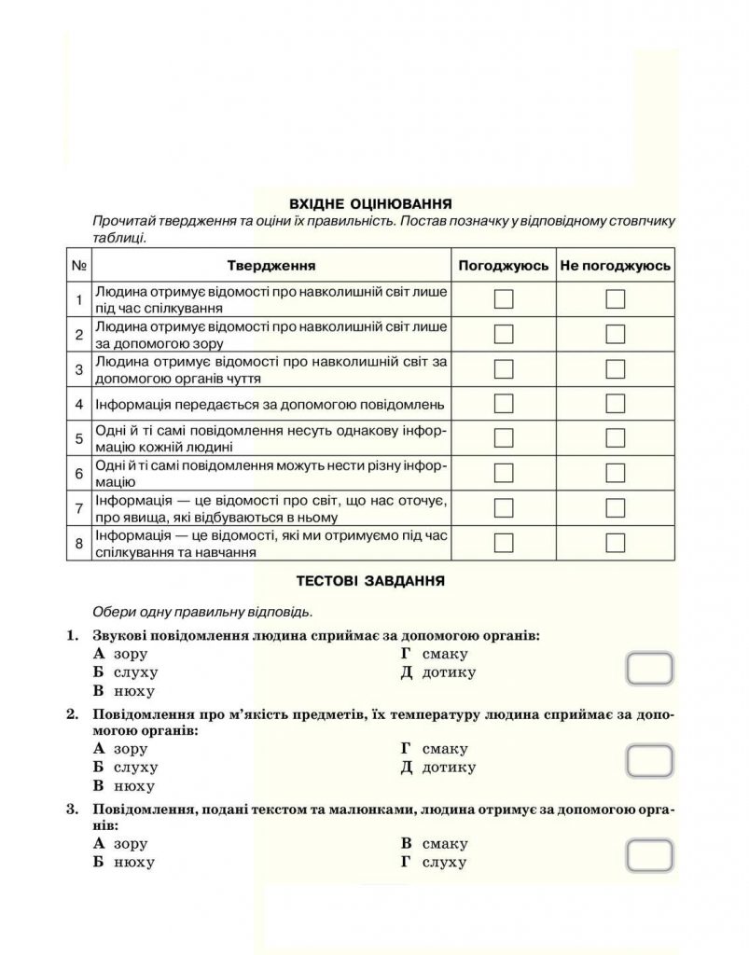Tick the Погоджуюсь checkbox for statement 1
pyautogui.click(x=504, y=299)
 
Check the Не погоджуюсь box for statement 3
pyautogui.click(x=615, y=369)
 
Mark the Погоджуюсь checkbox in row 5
pyautogui.click(x=504, y=438)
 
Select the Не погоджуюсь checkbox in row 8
pyautogui.click(x=615, y=543)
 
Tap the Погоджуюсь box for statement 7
pyautogui.click(x=504, y=507)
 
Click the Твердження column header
pyautogui.click(x=270, y=266)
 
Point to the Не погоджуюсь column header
pyautogui.click(x=615, y=266)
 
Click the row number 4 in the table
pyautogui.click(x=79, y=405)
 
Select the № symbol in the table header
pyautogui.click(x=79, y=266)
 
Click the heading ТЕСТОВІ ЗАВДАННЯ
pyautogui.click(x=370, y=580)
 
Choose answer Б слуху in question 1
pyautogui.click(x=126, y=672)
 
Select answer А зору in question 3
pyautogui.click(x=121, y=843)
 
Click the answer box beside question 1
pyautogui.click(x=649, y=669)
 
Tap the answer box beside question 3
pyautogui.click(x=649, y=855)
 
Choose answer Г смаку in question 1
pyautogui.click(x=434, y=654)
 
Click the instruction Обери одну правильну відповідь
pyautogui.click(x=202, y=613)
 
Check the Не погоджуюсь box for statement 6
pyautogui.click(x=615, y=473)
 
